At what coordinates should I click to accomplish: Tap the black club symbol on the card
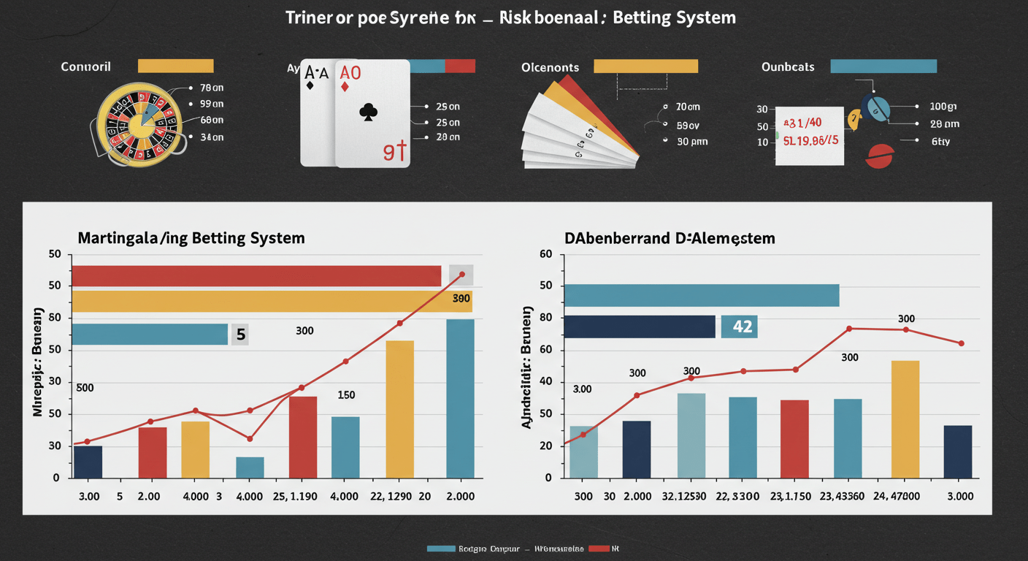(369, 112)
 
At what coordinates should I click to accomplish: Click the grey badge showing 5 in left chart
(239, 335)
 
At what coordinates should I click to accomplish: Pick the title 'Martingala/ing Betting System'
(191, 238)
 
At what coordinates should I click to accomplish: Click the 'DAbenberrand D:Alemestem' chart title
(670, 238)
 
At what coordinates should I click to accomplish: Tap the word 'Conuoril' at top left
(86, 66)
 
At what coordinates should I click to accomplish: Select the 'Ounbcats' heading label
(788, 66)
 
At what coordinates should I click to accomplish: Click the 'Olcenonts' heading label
(551, 67)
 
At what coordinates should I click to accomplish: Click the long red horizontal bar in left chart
(256, 276)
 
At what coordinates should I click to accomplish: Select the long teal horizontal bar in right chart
(702, 295)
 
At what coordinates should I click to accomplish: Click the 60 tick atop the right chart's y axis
(546, 254)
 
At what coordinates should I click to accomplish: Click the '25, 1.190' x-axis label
(295, 496)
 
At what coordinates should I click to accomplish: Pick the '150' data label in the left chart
(346, 395)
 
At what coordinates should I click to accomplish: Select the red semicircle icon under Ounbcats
(879, 156)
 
